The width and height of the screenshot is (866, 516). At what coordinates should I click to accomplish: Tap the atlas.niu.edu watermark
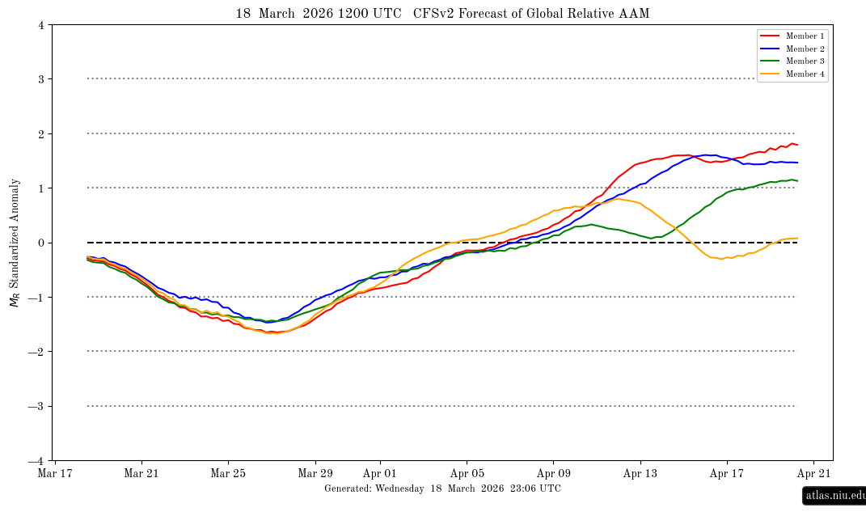[x=833, y=496]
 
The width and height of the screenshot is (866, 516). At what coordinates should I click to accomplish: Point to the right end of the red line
[x=798, y=145]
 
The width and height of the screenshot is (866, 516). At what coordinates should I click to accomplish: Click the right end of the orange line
[x=798, y=239]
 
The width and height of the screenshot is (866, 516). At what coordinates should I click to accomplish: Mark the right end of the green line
[x=798, y=180]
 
